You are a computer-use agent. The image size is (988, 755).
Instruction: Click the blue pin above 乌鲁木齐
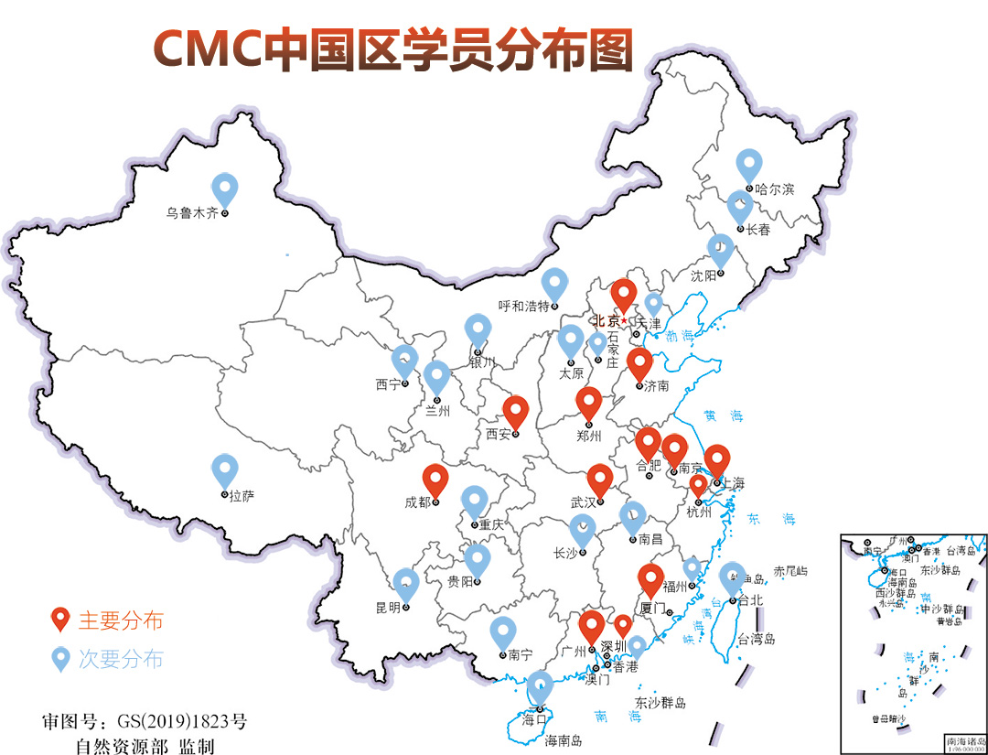tap(224, 189)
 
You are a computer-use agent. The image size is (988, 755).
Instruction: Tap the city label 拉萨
tap(242, 496)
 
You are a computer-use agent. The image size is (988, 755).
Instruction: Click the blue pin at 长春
tap(740, 206)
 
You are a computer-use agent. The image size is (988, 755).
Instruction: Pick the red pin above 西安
tap(516, 412)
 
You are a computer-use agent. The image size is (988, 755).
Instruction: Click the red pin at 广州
tap(592, 627)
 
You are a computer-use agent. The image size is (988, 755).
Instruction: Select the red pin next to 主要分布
tap(61, 620)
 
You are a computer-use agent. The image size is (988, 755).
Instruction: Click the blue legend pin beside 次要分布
tap(61, 658)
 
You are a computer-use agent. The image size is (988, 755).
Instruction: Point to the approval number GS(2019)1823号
tap(145, 721)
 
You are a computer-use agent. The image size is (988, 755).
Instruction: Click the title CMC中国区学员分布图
tap(392, 48)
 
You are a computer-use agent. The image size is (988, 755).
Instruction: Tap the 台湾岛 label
tap(756, 639)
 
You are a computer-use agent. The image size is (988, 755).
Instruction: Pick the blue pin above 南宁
tap(502, 632)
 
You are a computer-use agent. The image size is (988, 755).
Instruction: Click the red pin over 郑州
tap(589, 403)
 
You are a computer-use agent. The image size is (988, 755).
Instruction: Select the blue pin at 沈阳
tap(721, 250)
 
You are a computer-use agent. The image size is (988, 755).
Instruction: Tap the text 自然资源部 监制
tap(145, 746)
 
